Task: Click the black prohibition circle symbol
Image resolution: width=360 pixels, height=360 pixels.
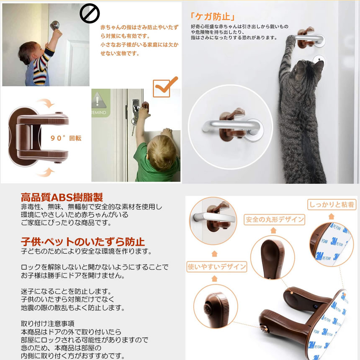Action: tap(90, 13)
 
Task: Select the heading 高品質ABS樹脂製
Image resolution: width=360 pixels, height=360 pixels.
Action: tap(62, 197)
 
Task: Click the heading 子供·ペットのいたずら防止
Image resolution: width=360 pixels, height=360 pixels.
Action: tap(83, 242)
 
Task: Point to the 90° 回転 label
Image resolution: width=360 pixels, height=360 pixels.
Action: tap(66, 138)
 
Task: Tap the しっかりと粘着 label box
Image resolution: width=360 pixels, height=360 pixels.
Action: tap(332, 204)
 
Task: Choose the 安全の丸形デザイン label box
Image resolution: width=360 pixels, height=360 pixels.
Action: tap(274, 219)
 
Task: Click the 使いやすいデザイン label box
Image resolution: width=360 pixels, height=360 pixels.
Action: tap(217, 267)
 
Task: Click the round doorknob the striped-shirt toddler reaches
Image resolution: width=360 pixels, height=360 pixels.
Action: tap(55, 25)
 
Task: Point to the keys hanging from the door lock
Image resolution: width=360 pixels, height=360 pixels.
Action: tap(134, 125)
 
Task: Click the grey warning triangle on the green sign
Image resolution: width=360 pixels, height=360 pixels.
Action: tap(98, 100)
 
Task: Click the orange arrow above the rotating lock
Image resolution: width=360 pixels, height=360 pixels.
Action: tap(46, 103)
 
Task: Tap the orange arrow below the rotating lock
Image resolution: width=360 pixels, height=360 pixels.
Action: tap(46, 172)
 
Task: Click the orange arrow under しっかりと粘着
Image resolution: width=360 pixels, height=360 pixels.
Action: tap(331, 216)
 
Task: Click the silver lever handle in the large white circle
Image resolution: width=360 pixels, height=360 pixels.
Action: tap(231, 127)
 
